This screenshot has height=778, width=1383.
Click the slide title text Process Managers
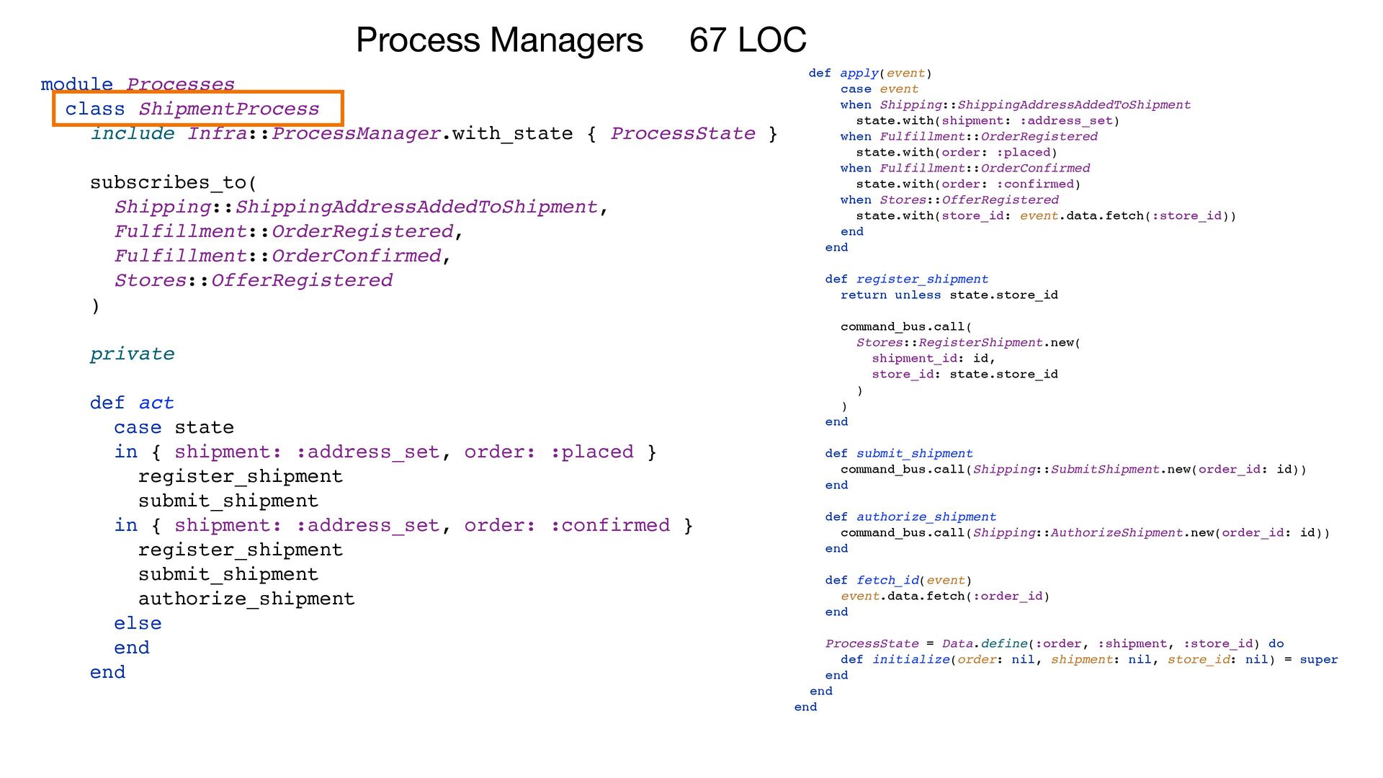(x=498, y=40)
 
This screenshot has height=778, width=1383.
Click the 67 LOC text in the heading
(x=748, y=40)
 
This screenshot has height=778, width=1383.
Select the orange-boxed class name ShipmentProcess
(x=228, y=109)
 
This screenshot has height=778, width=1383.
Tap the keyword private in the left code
(x=132, y=354)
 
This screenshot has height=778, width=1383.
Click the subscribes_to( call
(x=173, y=182)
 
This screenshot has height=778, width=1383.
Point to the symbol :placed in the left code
(x=591, y=452)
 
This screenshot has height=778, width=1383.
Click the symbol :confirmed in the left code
(x=609, y=525)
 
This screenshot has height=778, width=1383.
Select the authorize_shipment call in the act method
(x=246, y=599)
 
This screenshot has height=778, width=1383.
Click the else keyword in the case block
(x=138, y=623)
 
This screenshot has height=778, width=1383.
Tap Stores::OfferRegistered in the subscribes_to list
(x=254, y=280)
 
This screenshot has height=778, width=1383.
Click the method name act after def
(x=156, y=403)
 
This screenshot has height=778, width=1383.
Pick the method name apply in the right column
(x=859, y=73)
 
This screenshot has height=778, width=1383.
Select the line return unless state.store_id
(x=949, y=295)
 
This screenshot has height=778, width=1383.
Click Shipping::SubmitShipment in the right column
(x=1066, y=470)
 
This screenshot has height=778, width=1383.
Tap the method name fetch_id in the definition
(x=887, y=581)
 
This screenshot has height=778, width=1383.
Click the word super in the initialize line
(x=1318, y=660)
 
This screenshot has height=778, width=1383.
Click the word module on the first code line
(x=76, y=84)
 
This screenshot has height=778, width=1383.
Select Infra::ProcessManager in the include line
(x=313, y=133)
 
